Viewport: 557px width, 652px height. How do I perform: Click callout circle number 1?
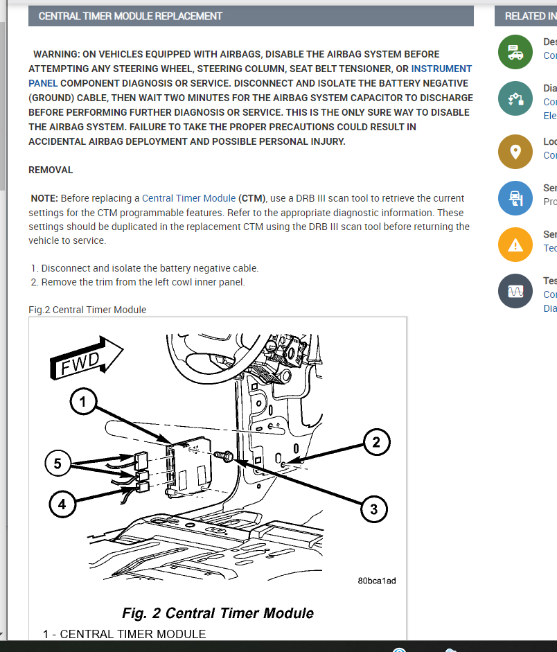point(83,402)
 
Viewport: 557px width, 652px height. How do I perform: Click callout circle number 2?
point(376,442)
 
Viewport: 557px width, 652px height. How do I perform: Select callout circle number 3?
point(373,510)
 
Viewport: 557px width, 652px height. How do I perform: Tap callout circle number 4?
point(62,504)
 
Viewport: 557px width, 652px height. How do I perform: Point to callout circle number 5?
point(58,463)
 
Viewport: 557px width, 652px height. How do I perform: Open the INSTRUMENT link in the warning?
point(441,69)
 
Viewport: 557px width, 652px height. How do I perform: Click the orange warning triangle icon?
point(515,244)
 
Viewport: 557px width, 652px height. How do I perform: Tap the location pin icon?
point(515,151)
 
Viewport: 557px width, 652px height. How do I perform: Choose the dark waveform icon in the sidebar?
point(515,292)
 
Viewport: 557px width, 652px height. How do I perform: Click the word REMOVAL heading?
point(51,170)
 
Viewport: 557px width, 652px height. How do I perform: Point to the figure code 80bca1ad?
point(377,581)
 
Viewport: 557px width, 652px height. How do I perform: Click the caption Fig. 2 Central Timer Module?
point(218,613)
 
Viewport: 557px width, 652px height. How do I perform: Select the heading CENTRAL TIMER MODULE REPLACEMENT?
point(130,16)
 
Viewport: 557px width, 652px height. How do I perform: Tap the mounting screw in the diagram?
point(225,455)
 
